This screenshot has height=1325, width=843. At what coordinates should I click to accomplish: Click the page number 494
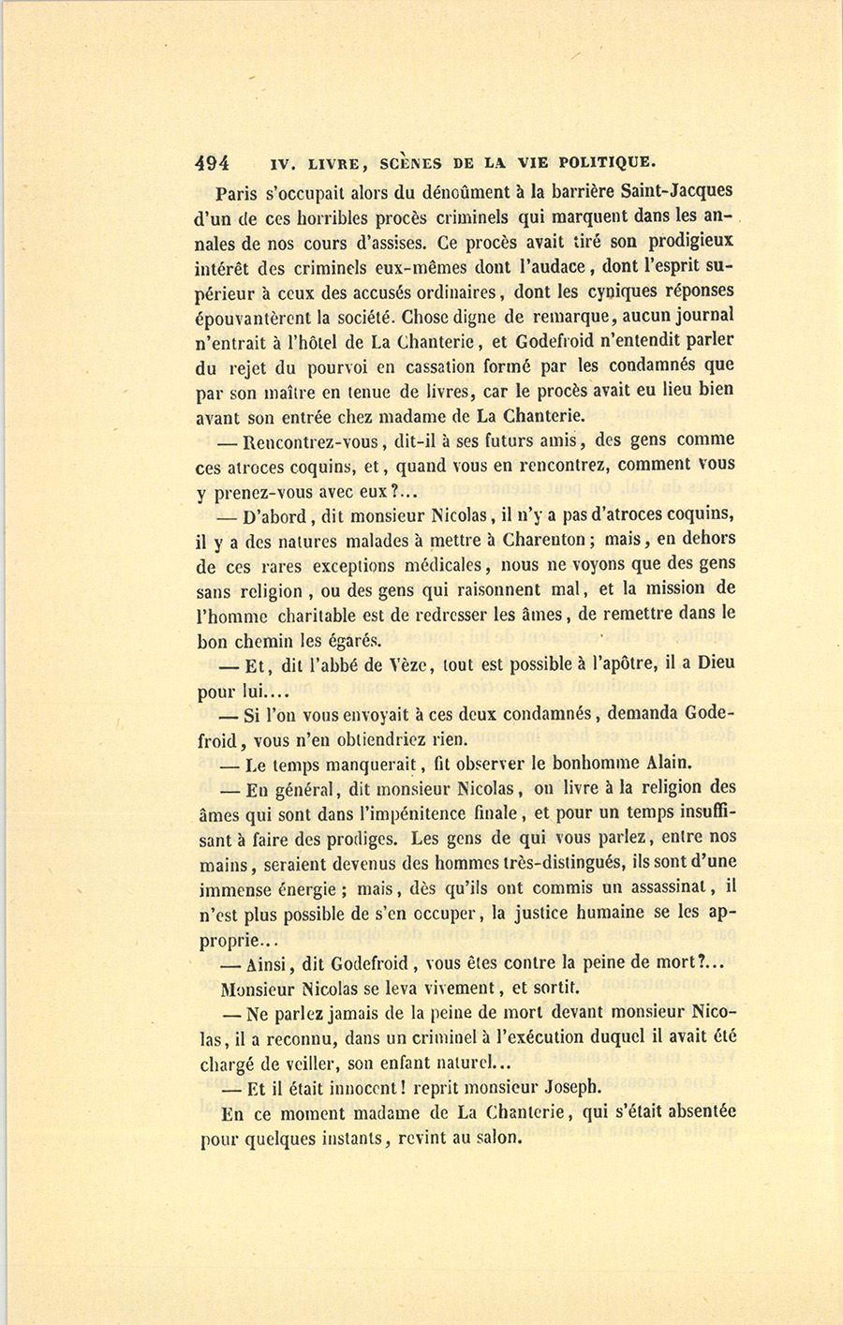(213, 162)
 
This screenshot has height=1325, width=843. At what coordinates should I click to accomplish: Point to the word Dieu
(716, 663)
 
